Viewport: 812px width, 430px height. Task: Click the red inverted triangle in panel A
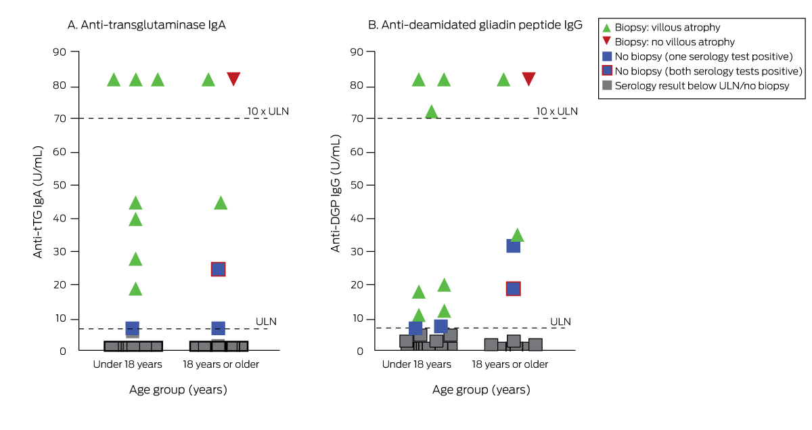coord(233,79)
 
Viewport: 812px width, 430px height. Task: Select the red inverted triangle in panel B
coord(528,79)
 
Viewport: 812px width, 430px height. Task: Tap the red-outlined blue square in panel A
coord(218,269)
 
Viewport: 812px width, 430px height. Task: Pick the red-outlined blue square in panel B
coord(513,288)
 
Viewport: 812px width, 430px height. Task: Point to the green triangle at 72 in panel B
coord(431,112)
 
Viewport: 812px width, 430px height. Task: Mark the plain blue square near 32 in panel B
coord(513,245)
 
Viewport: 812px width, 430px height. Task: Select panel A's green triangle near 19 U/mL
coord(135,289)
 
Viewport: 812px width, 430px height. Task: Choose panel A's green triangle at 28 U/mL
coord(135,259)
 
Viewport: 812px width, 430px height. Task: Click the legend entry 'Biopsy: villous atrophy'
coord(667,28)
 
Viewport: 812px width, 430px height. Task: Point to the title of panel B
coord(474,25)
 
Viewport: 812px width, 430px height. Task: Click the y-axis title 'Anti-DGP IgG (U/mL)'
coord(335,193)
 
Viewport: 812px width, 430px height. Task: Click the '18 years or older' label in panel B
coord(510,364)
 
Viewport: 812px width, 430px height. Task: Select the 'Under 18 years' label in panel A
coord(128,364)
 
